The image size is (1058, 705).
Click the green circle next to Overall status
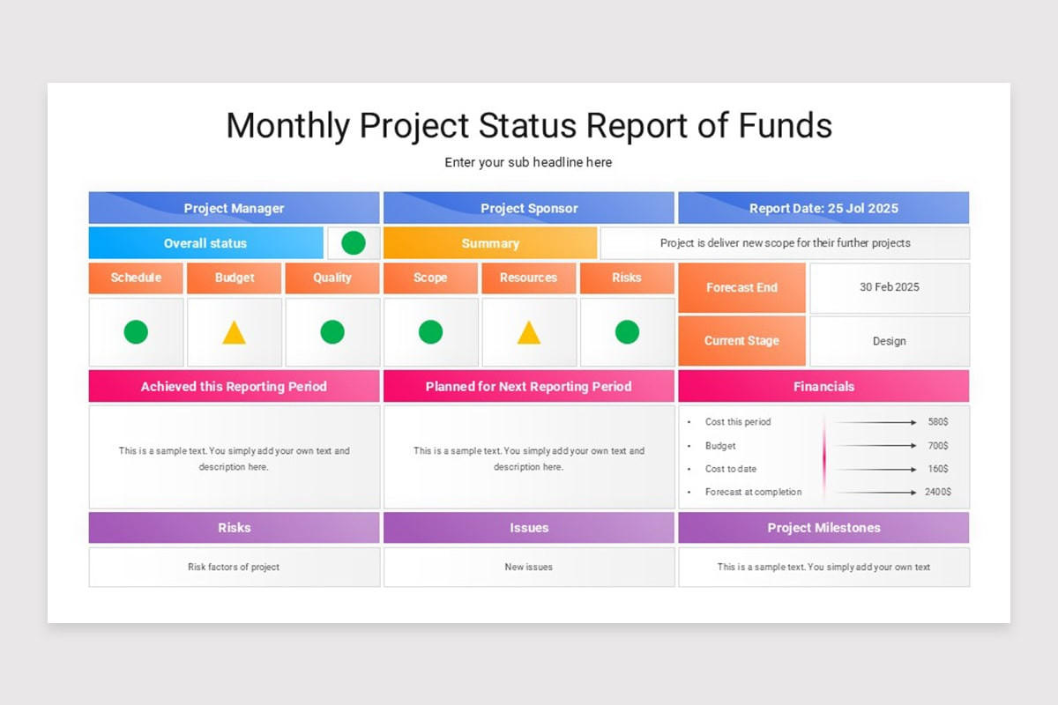[354, 243]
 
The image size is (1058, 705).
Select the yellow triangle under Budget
[234, 333]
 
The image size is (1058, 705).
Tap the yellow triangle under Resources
[528, 333]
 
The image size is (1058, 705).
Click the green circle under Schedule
[136, 332]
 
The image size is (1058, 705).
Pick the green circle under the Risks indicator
[627, 332]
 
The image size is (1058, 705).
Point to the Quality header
[332, 278]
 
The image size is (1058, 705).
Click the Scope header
[430, 278]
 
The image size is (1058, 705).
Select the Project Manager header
[234, 208]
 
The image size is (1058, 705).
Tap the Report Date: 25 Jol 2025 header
[823, 208]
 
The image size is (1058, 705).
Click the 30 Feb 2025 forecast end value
[889, 287]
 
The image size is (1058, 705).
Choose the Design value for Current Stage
[889, 341]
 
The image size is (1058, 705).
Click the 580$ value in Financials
[937, 422]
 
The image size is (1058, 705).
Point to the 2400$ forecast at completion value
[937, 492]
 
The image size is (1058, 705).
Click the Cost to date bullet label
[730, 469]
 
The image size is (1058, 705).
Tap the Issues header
[529, 528]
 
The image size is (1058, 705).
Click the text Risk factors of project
[234, 567]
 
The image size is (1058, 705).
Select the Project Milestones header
[823, 528]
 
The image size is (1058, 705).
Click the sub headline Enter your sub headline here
[528, 162]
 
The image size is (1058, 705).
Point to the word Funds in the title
[787, 126]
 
